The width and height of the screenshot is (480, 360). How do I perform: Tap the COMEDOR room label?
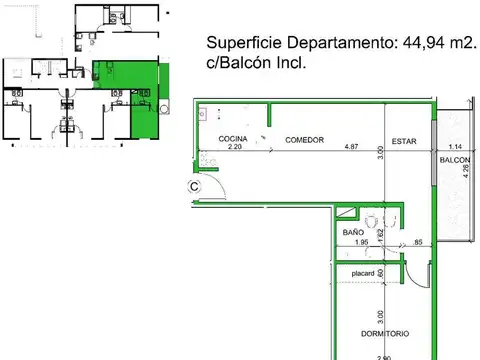tap(304, 139)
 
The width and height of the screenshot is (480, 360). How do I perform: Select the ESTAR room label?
tap(405, 139)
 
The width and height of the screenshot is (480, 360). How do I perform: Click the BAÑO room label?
tap(353, 232)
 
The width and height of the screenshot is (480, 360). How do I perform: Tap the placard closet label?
tap(362, 270)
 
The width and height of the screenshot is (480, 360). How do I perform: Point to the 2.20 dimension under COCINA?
tap(236, 148)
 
